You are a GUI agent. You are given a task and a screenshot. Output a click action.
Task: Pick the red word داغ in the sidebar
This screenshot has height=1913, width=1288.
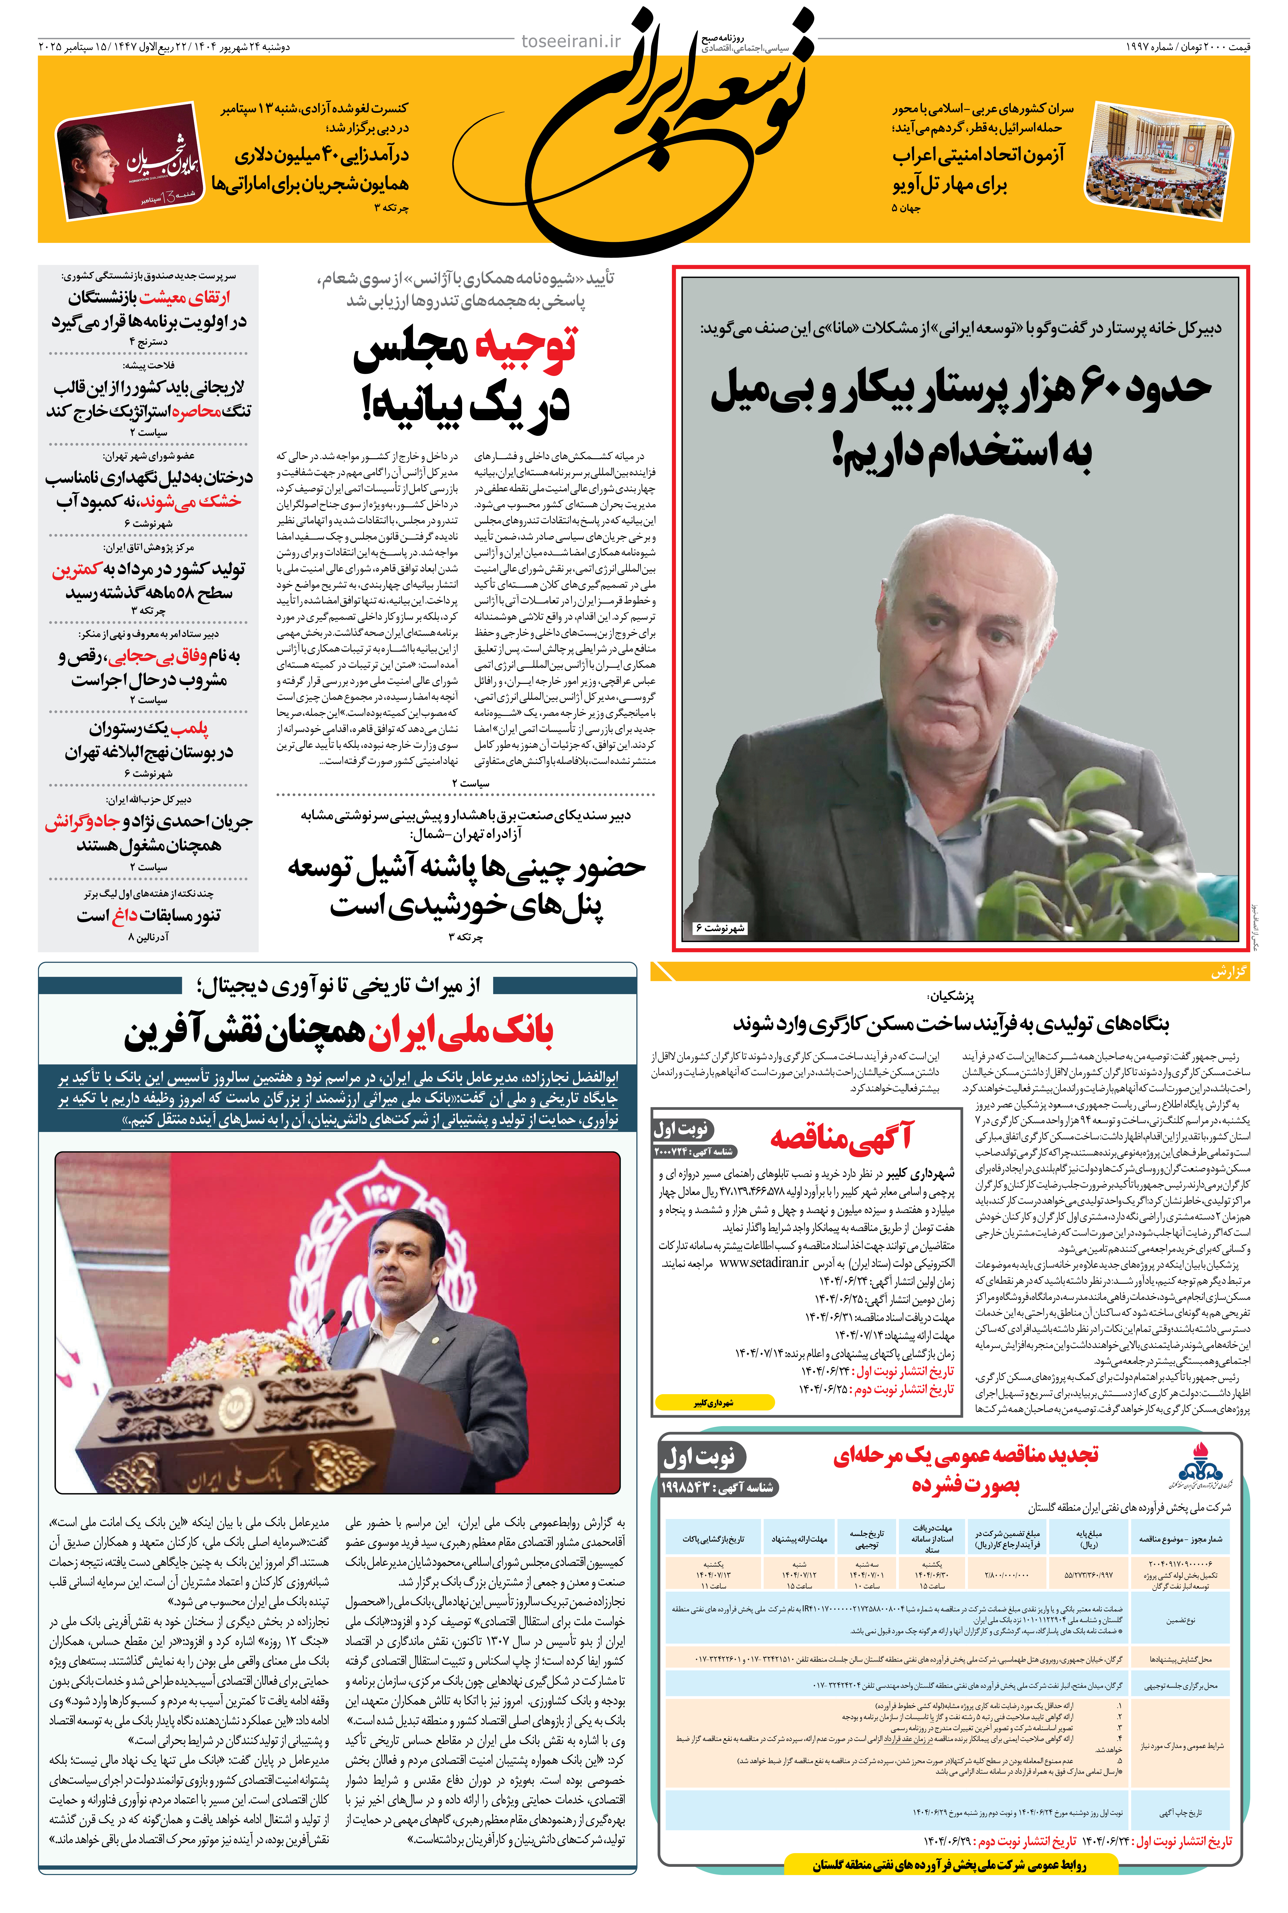[125, 915]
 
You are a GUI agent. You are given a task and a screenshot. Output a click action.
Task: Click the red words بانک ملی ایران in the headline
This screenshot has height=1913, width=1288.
[460, 1032]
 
